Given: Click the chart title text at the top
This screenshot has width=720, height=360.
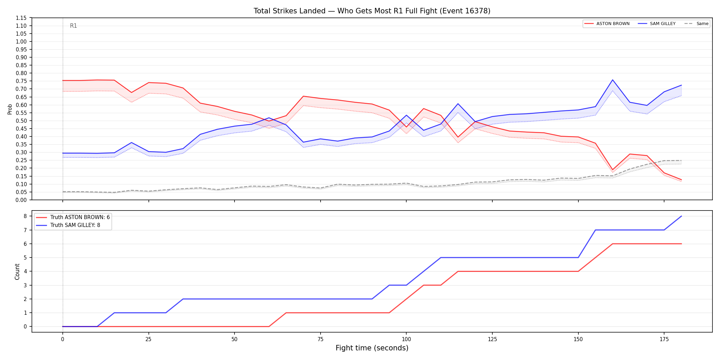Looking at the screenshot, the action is click(x=372, y=11).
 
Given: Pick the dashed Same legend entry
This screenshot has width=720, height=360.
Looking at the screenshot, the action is click(x=696, y=24).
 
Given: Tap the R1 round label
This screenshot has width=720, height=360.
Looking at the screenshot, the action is click(x=73, y=26).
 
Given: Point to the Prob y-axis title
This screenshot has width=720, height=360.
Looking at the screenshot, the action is click(x=10, y=109).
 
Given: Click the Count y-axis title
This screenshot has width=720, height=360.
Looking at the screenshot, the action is click(x=17, y=272).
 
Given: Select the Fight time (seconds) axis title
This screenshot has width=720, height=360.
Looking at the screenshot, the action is click(x=372, y=348).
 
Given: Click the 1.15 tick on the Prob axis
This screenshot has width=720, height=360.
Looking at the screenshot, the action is click(x=21, y=18).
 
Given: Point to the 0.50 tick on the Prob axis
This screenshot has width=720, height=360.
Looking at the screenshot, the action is click(x=21, y=121).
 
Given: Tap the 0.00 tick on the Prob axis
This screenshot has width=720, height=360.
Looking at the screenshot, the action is click(x=21, y=200).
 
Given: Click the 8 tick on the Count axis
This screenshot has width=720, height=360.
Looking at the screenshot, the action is click(x=25, y=216).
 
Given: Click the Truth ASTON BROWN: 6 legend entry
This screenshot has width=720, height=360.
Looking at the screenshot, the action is click(x=73, y=217).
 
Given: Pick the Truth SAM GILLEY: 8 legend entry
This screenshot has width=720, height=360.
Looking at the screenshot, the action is click(x=68, y=225).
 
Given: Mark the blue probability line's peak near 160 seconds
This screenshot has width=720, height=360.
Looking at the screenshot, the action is click(x=613, y=80).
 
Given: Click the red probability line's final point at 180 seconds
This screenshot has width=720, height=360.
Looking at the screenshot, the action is click(x=681, y=180).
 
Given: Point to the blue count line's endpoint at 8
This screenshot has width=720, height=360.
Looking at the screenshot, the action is click(x=681, y=216).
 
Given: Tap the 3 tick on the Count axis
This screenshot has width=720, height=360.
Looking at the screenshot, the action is click(x=25, y=285).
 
